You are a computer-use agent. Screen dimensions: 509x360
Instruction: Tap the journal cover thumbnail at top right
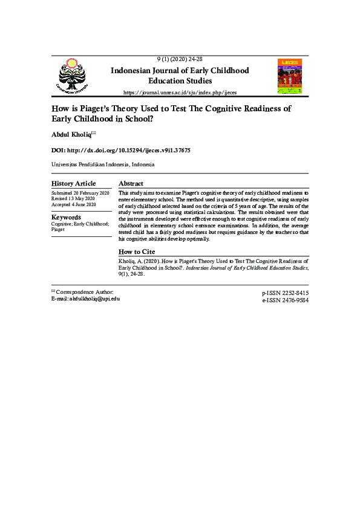point(289,76)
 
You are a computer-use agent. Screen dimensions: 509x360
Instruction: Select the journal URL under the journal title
point(180,92)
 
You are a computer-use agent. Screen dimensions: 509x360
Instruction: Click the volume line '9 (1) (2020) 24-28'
point(179,59)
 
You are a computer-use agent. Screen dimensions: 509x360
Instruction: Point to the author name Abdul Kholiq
point(71,133)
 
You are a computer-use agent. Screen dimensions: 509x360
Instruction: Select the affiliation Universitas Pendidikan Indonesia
point(102,164)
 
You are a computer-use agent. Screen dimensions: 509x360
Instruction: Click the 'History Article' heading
point(73,184)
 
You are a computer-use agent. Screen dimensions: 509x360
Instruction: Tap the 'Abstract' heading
point(131,183)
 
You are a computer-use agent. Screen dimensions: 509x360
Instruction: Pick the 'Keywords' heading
point(66,217)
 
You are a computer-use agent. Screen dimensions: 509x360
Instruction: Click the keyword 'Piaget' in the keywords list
point(58,230)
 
